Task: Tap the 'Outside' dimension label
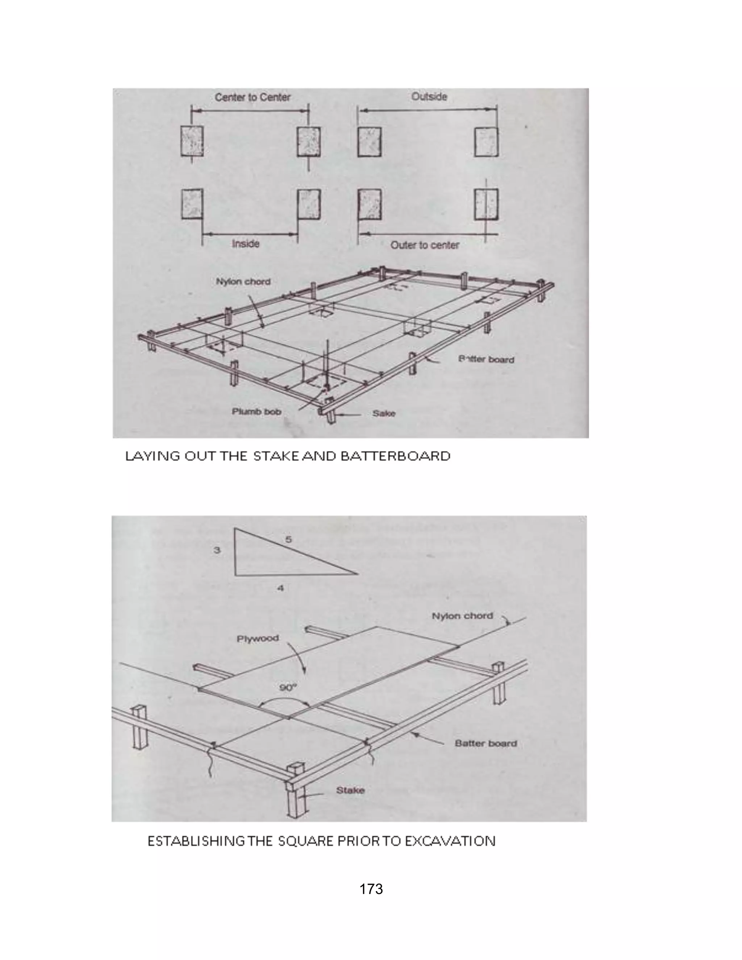(429, 96)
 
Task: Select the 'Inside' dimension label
(245, 243)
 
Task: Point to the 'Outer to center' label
(425, 245)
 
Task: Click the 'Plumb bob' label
(256, 412)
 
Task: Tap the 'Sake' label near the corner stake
(384, 413)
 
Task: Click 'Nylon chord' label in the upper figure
(243, 281)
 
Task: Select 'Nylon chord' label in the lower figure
(462, 616)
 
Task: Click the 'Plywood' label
(258, 638)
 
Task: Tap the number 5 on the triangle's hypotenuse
(288, 539)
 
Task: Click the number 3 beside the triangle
(217, 550)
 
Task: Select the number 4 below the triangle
(280, 588)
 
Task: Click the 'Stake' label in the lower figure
(350, 790)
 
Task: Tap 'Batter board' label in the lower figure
(486, 743)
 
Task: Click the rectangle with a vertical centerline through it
(486, 204)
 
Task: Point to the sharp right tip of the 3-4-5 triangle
(357, 574)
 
